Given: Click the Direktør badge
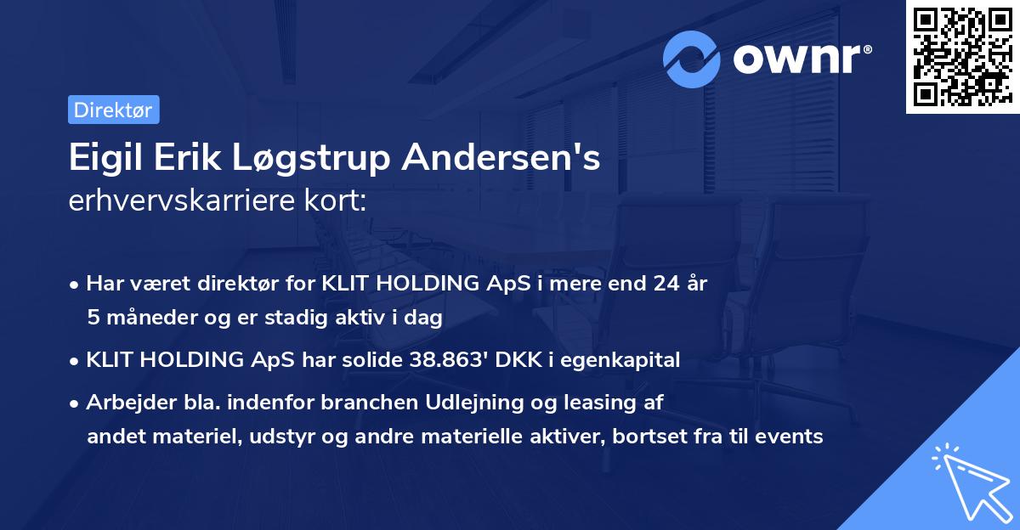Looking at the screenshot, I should pos(113,110).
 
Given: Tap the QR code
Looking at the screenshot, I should pos(962,56).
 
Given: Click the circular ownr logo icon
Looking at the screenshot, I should pos(693,59).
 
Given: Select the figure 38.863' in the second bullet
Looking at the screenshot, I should pos(443,360).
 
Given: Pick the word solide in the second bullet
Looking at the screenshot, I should pos(370,360).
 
